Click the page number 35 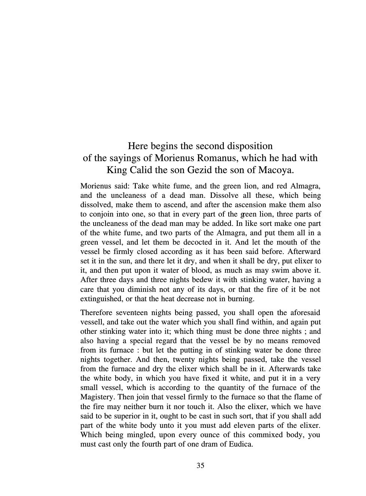click(200, 466)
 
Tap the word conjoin click(101, 214)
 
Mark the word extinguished click(99, 299)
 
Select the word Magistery click(97, 397)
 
